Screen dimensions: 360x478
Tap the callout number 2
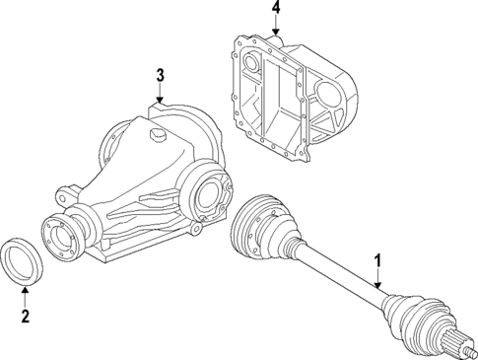pos(26,317)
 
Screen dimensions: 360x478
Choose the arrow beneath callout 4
pos(275,30)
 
